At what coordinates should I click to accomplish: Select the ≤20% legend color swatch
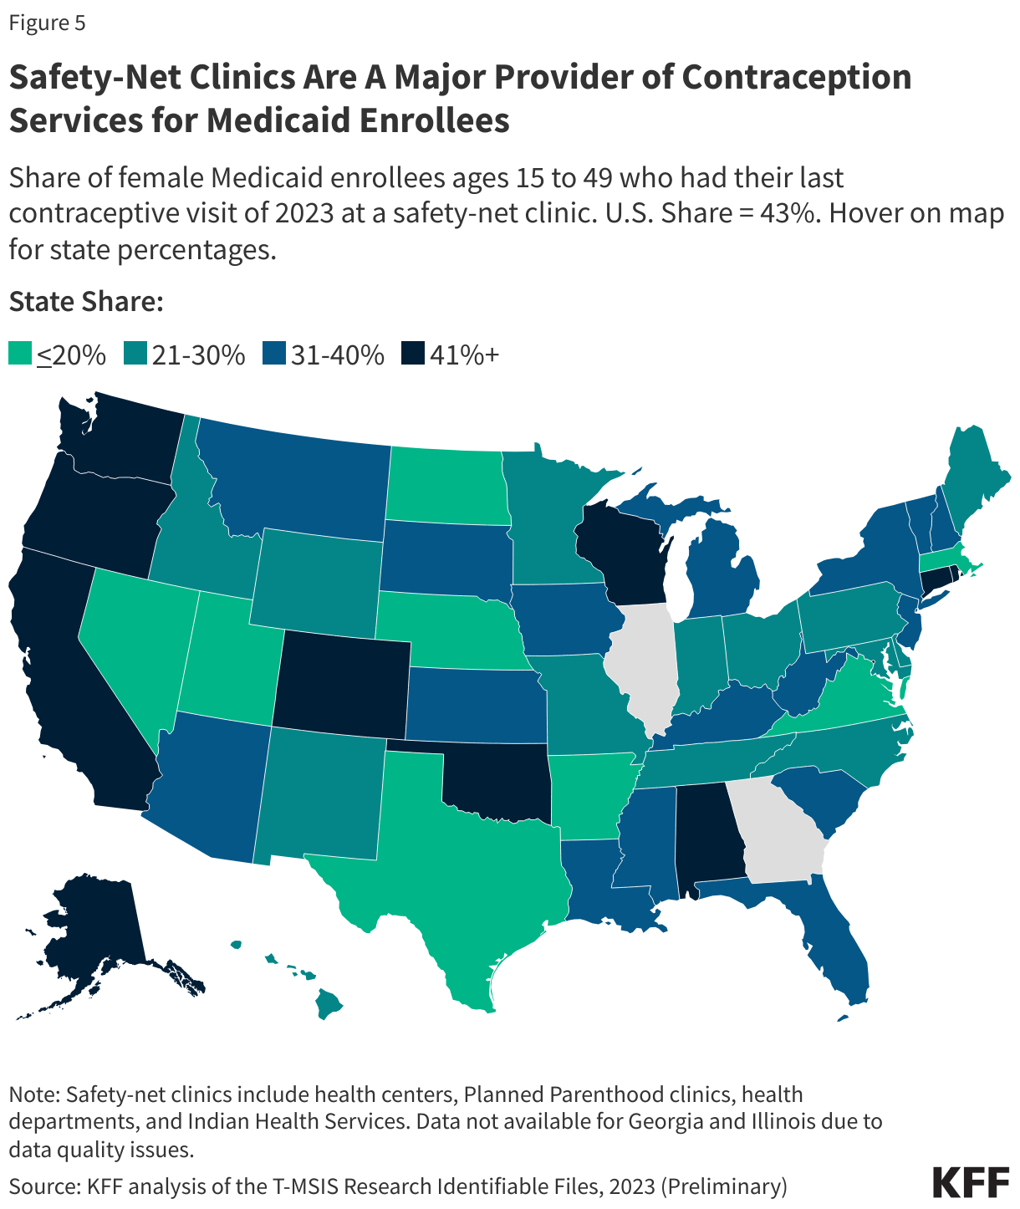click(20, 354)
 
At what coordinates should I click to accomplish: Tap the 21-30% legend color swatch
click(135, 354)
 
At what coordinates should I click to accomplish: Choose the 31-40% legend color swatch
click(273, 354)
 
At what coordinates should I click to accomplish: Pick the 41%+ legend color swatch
click(412, 354)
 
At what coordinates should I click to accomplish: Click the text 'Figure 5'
click(47, 23)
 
